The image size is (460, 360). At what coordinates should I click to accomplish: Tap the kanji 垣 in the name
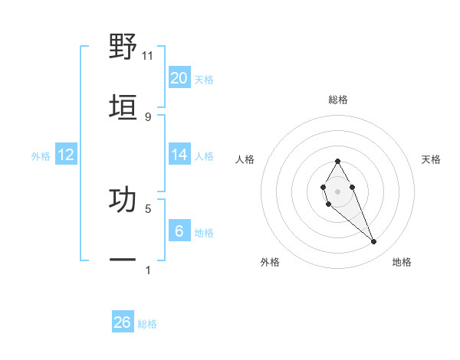click(123, 107)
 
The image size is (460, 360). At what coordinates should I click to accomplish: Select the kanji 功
click(123, 199)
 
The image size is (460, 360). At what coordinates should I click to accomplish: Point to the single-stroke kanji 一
click(123, 260)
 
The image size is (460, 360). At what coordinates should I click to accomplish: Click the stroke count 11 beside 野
click(148, 55)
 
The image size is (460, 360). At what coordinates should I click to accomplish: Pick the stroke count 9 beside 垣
click(148, 116)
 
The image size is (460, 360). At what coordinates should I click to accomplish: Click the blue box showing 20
click(179, 78)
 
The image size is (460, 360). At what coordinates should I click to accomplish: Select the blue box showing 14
click(179, 155)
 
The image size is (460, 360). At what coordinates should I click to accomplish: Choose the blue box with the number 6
click(179, 231)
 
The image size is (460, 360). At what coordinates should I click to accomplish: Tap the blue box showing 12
click(66, 155)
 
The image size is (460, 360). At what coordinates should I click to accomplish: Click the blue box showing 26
click(123, 322)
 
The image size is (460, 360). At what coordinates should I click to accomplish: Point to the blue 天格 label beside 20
click(204, 80)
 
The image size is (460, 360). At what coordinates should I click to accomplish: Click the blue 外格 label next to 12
click(41, 156)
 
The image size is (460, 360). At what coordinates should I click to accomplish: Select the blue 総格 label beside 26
click(147, 324)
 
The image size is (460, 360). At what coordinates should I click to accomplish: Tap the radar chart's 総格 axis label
click(338, 100)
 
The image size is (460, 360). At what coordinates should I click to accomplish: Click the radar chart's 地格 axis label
click(402, 262)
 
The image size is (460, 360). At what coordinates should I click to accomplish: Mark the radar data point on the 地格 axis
click(374, 242)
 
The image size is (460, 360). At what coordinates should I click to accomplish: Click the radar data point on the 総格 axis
click(337, 161)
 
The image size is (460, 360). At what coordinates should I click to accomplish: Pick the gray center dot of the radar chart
click(337, 190)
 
